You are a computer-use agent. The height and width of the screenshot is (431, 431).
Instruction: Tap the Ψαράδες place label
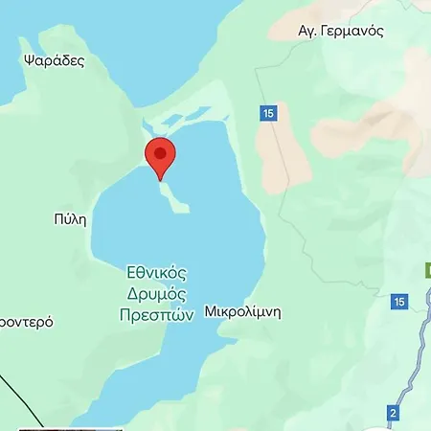tap(53, 60)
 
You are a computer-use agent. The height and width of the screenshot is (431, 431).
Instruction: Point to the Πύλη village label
tap(71, 218)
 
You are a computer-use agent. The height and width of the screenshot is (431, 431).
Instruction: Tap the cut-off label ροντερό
tap(25, 322)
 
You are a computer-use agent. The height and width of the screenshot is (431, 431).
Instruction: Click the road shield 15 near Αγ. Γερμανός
tap(268, 114)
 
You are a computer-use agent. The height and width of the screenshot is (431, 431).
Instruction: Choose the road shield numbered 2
tap(393, 413)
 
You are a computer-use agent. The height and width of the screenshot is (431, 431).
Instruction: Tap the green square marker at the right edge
tap(427, 271)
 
